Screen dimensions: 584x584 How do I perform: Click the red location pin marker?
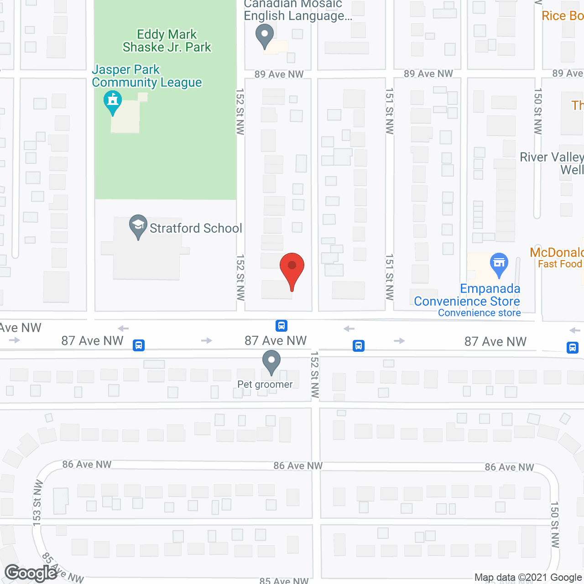292,269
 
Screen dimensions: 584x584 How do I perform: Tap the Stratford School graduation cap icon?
138,225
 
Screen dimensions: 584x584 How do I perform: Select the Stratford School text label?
196,228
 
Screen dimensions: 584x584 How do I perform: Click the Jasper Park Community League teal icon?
113,102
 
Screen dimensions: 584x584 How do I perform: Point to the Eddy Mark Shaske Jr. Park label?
167,41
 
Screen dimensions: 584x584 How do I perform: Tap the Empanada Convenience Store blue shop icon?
499,263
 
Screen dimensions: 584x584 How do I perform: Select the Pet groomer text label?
265,384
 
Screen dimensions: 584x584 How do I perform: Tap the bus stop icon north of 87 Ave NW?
282,326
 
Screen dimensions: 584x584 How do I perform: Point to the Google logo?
31,573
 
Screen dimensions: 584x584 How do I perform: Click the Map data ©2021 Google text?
528,578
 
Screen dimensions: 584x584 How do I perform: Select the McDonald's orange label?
557,252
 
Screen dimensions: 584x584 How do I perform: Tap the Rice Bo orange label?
562,16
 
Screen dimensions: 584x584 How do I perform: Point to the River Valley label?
552,157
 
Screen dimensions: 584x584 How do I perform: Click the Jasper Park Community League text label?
147,76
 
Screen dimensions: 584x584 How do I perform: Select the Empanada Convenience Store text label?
467,295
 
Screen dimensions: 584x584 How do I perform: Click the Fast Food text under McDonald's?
560,264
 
